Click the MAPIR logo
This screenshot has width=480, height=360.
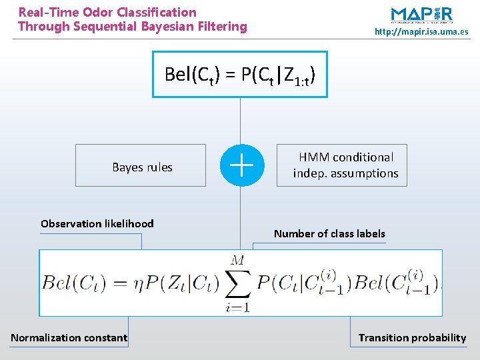coord(421,15)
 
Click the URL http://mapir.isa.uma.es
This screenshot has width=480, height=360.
coord(421,31)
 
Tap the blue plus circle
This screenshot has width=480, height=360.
coord(241,165)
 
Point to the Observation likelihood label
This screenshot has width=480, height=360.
coord(97,224)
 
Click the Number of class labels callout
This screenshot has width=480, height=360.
coord(329,233)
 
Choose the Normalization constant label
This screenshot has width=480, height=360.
coord(69,337)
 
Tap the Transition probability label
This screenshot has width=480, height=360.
coord(412,337)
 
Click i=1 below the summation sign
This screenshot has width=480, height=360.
coord(238,307)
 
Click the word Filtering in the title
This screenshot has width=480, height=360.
coord(225,27)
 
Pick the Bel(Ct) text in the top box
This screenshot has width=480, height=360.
coord(191,75)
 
